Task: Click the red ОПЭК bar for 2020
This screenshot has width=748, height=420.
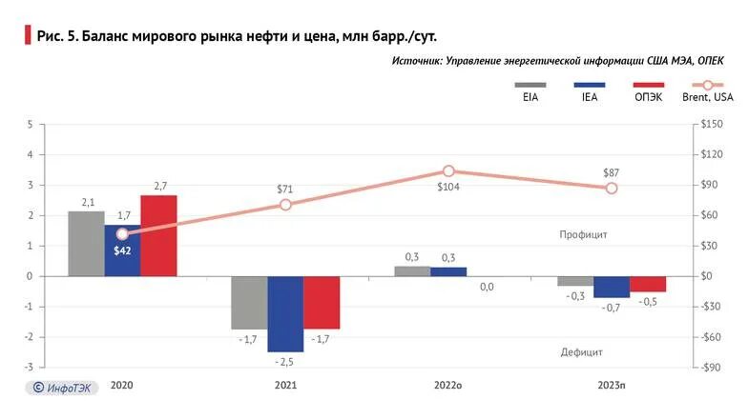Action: tap(158, 235)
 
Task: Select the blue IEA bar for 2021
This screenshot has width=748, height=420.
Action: tap(285, 313)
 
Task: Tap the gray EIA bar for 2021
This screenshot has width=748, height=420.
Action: tap(249, 302)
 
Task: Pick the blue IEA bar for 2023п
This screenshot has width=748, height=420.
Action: tap(612, 287)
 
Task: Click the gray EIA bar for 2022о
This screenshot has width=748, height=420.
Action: tap(412, 271)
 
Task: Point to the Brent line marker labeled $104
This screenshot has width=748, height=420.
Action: tap(448, 171)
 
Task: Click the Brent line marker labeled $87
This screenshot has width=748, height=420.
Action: tap(612, 189)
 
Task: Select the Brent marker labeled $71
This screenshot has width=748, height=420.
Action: tap(285, 205)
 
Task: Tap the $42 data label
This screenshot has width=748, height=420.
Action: tap(121, 250)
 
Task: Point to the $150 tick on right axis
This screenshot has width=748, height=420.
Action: tap(712, 125)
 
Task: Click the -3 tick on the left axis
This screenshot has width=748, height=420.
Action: tap(30, 368)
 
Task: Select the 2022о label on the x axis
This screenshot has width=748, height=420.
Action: tap(448, 386)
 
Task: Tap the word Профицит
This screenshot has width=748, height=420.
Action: tap(584, 234)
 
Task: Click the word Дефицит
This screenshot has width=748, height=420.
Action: tap(581, 351)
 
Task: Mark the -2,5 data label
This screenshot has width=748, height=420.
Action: tap(285, 363)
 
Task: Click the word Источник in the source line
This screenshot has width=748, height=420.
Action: tap(417, 60)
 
